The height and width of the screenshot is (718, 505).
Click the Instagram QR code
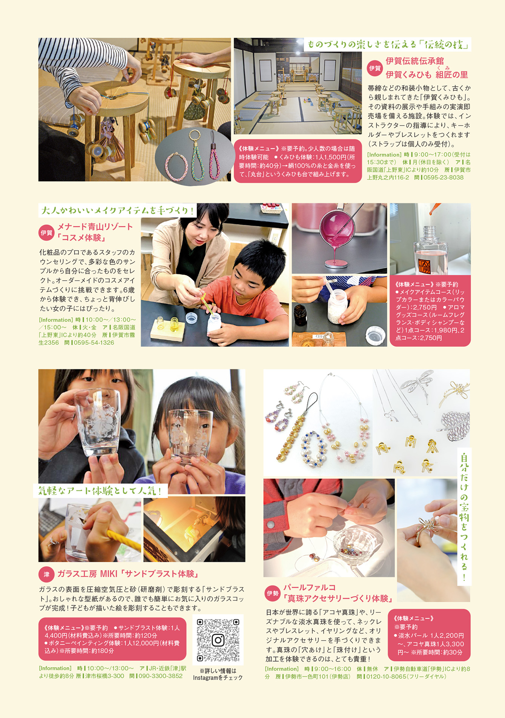pos(218,640)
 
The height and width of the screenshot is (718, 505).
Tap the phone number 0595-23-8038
pos(444,177)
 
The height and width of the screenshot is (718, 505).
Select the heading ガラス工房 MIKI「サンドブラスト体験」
pos(128,574)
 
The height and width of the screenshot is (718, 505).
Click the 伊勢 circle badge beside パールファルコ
pos(273,593)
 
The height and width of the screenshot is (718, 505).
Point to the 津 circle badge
pos(46,574)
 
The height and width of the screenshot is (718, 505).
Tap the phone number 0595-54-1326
pos(94,343)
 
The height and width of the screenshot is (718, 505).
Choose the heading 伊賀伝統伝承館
pos(414,61)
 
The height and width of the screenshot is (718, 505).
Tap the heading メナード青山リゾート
pos(95,227)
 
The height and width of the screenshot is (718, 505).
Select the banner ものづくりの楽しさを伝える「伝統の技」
pos(388,45)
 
